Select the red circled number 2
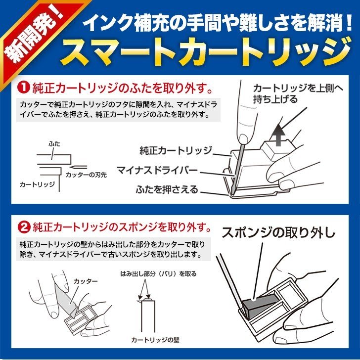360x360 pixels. (x=24, y=227)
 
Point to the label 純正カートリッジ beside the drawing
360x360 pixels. (x=176, y=151)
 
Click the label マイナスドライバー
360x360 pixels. (x=157, y=170)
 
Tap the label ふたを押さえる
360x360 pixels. (x=167, y=189)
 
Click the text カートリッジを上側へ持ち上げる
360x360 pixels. (x=298, y=93)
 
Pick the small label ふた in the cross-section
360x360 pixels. (x=54, y=144)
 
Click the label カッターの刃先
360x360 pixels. (x=86, y=175)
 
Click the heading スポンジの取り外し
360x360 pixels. (x=278, y=233)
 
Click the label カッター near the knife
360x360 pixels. (x=86, y=281)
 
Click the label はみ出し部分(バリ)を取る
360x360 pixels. (x=158, y=273)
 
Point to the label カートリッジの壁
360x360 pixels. (x=155, y=340)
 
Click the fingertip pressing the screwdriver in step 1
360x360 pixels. (x=243, y=138)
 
